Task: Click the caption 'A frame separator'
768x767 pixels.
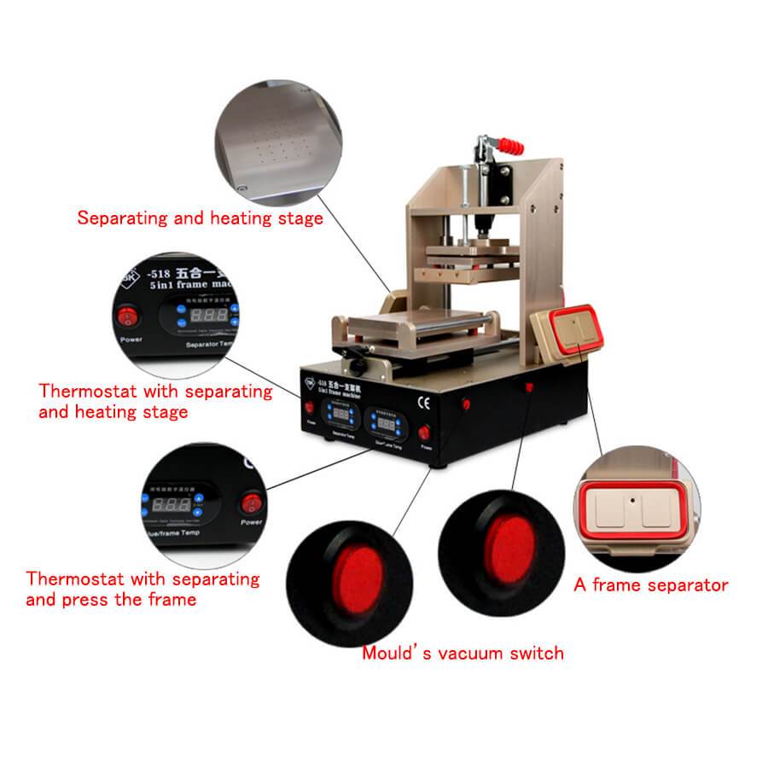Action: click(650, 585)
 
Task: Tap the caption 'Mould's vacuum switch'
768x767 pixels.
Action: click(463, 654)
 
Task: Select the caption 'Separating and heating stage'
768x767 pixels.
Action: click(201, 218)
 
